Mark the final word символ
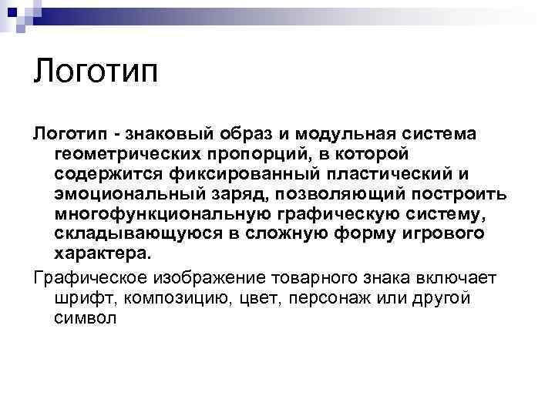coord(86,317)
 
